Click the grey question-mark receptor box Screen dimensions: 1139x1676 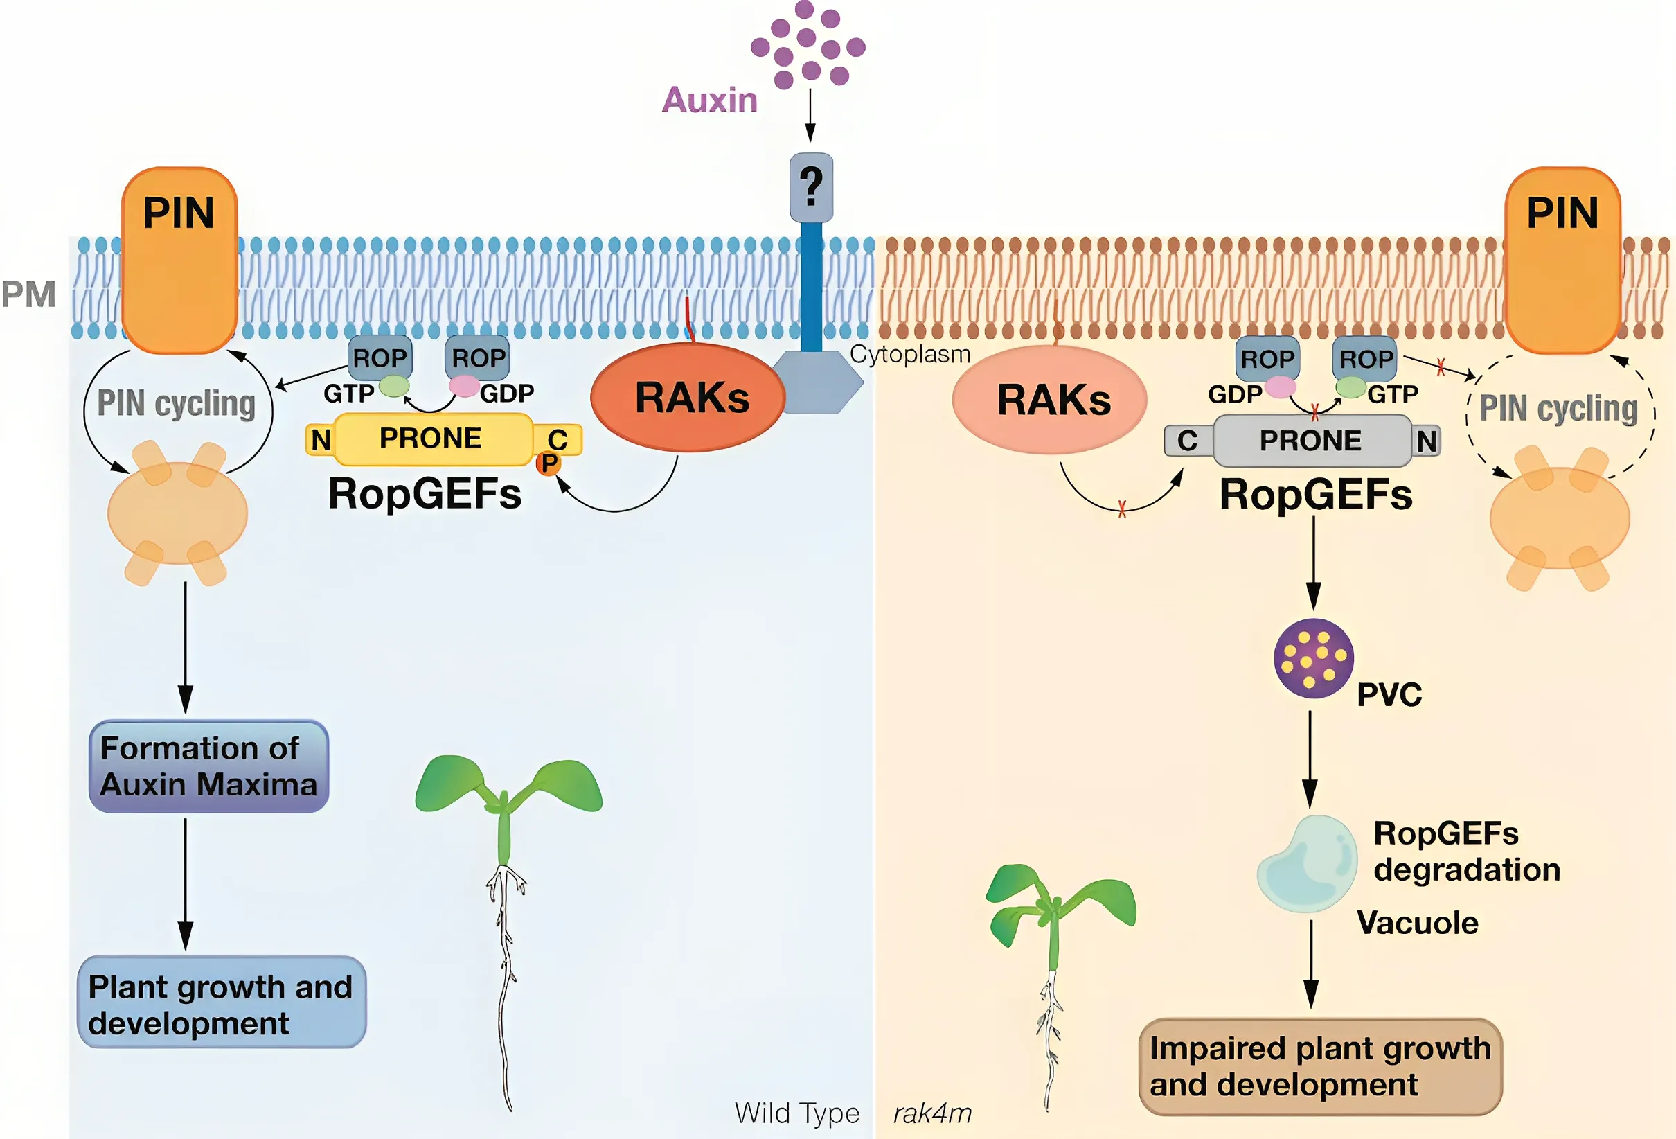coord(811,188)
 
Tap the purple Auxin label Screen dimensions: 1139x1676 coord(710,100)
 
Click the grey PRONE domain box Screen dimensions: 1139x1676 coord(1311,440)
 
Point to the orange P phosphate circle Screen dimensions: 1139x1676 coord(549,463)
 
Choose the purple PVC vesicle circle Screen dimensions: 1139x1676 coord(1313,658)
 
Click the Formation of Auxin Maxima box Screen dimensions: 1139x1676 coord(208,766)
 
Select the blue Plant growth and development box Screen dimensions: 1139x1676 coord(221,1003)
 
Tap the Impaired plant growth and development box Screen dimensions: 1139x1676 coord(1320,1066)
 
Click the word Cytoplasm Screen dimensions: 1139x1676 coord(909,354)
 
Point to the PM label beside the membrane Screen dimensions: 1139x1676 coord(29,294)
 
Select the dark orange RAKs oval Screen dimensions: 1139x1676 coord(687,398)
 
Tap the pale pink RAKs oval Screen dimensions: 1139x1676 coord(1049,400)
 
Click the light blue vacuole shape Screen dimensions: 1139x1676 coord(1307,864)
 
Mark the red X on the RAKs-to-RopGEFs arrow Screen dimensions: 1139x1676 coord(1122,509)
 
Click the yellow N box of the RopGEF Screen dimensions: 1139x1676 coord(321,440)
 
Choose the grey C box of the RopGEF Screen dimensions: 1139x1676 coord(1187,441)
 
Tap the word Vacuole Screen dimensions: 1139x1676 coord(1417,924)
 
